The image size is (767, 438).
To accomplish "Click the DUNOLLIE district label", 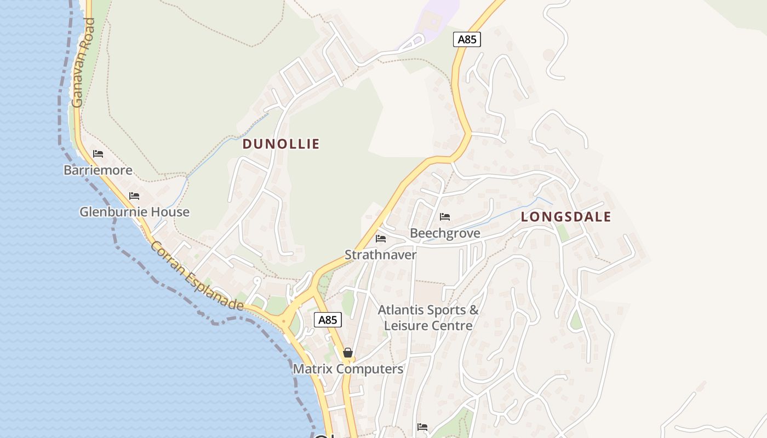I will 281,144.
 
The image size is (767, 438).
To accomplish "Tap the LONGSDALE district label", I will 565,217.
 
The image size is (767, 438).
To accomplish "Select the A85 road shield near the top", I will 467,39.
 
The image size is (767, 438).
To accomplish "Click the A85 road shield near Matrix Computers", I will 328,320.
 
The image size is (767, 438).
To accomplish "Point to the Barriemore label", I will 98,170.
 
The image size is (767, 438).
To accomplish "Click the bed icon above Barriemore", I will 98,154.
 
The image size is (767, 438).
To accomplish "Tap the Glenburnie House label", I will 134,212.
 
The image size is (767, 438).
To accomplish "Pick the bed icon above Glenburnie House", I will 134,196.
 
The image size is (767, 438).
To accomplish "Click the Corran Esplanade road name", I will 197,276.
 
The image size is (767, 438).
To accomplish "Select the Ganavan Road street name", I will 84,63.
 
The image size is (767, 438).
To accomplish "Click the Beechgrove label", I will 445,233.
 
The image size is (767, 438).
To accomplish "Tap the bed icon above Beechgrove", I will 445,217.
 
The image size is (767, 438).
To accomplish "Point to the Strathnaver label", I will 380,255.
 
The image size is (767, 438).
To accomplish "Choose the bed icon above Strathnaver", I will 381,239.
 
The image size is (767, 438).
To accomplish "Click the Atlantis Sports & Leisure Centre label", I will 428,318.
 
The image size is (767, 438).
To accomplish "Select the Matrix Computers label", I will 348,369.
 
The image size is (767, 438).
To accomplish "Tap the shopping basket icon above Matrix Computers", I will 348,353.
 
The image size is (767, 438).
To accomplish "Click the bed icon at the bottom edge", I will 422,427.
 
